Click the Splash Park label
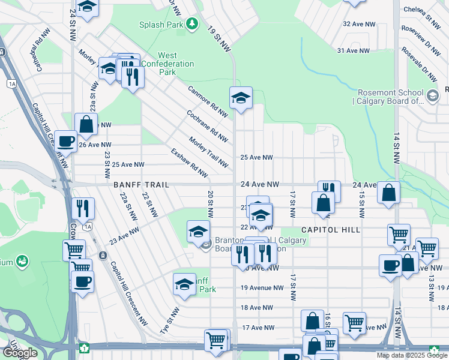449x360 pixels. [x=160, y=25]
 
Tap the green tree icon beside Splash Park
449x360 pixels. [x=191, y=24]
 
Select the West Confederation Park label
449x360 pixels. [x=167, y=64]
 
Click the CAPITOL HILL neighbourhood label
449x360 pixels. [x=330, y=230]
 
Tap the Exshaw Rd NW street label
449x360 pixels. [x=189, y=163]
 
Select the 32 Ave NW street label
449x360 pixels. [x=359, y=24]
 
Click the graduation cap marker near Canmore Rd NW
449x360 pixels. [x=241, y=98]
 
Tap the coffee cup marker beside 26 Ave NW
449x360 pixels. [x=65, y=142]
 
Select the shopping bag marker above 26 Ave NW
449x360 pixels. [x=86, y=124]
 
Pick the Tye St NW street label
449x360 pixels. [x=170, y=321]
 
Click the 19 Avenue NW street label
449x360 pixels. [x=262, y=287]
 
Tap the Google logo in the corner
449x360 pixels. [x=19, y=352]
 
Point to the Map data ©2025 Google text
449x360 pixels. [x=412, y=355]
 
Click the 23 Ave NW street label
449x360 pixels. [x=125, y=235]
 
